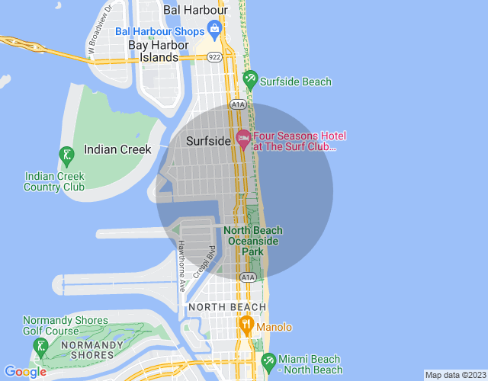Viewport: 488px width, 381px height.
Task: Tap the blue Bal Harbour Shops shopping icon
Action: [x=214, y=31]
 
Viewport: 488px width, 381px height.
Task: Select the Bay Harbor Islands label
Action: [x=158, y=51]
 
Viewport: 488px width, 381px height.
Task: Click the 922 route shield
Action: [x=216, y=58]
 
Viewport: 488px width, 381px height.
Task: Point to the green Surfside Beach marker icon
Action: [x=249, y=78]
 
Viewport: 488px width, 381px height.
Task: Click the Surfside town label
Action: [x=209, y=141]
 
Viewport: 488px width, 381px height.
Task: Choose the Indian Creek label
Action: [x=117, y=150]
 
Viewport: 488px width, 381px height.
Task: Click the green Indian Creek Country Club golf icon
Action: [x=66, y=156]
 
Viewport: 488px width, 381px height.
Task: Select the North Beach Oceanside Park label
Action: [x=252, y=241]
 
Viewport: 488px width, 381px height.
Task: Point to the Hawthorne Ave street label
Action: [x=182, y=267]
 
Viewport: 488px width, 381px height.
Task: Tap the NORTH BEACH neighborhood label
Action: [x=227, y=307]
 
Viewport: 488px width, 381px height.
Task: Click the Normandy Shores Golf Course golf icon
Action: [x=40, y=349]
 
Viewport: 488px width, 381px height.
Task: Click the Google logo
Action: [x=24, y=372]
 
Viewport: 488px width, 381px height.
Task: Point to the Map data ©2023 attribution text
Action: [x=454, y=375]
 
